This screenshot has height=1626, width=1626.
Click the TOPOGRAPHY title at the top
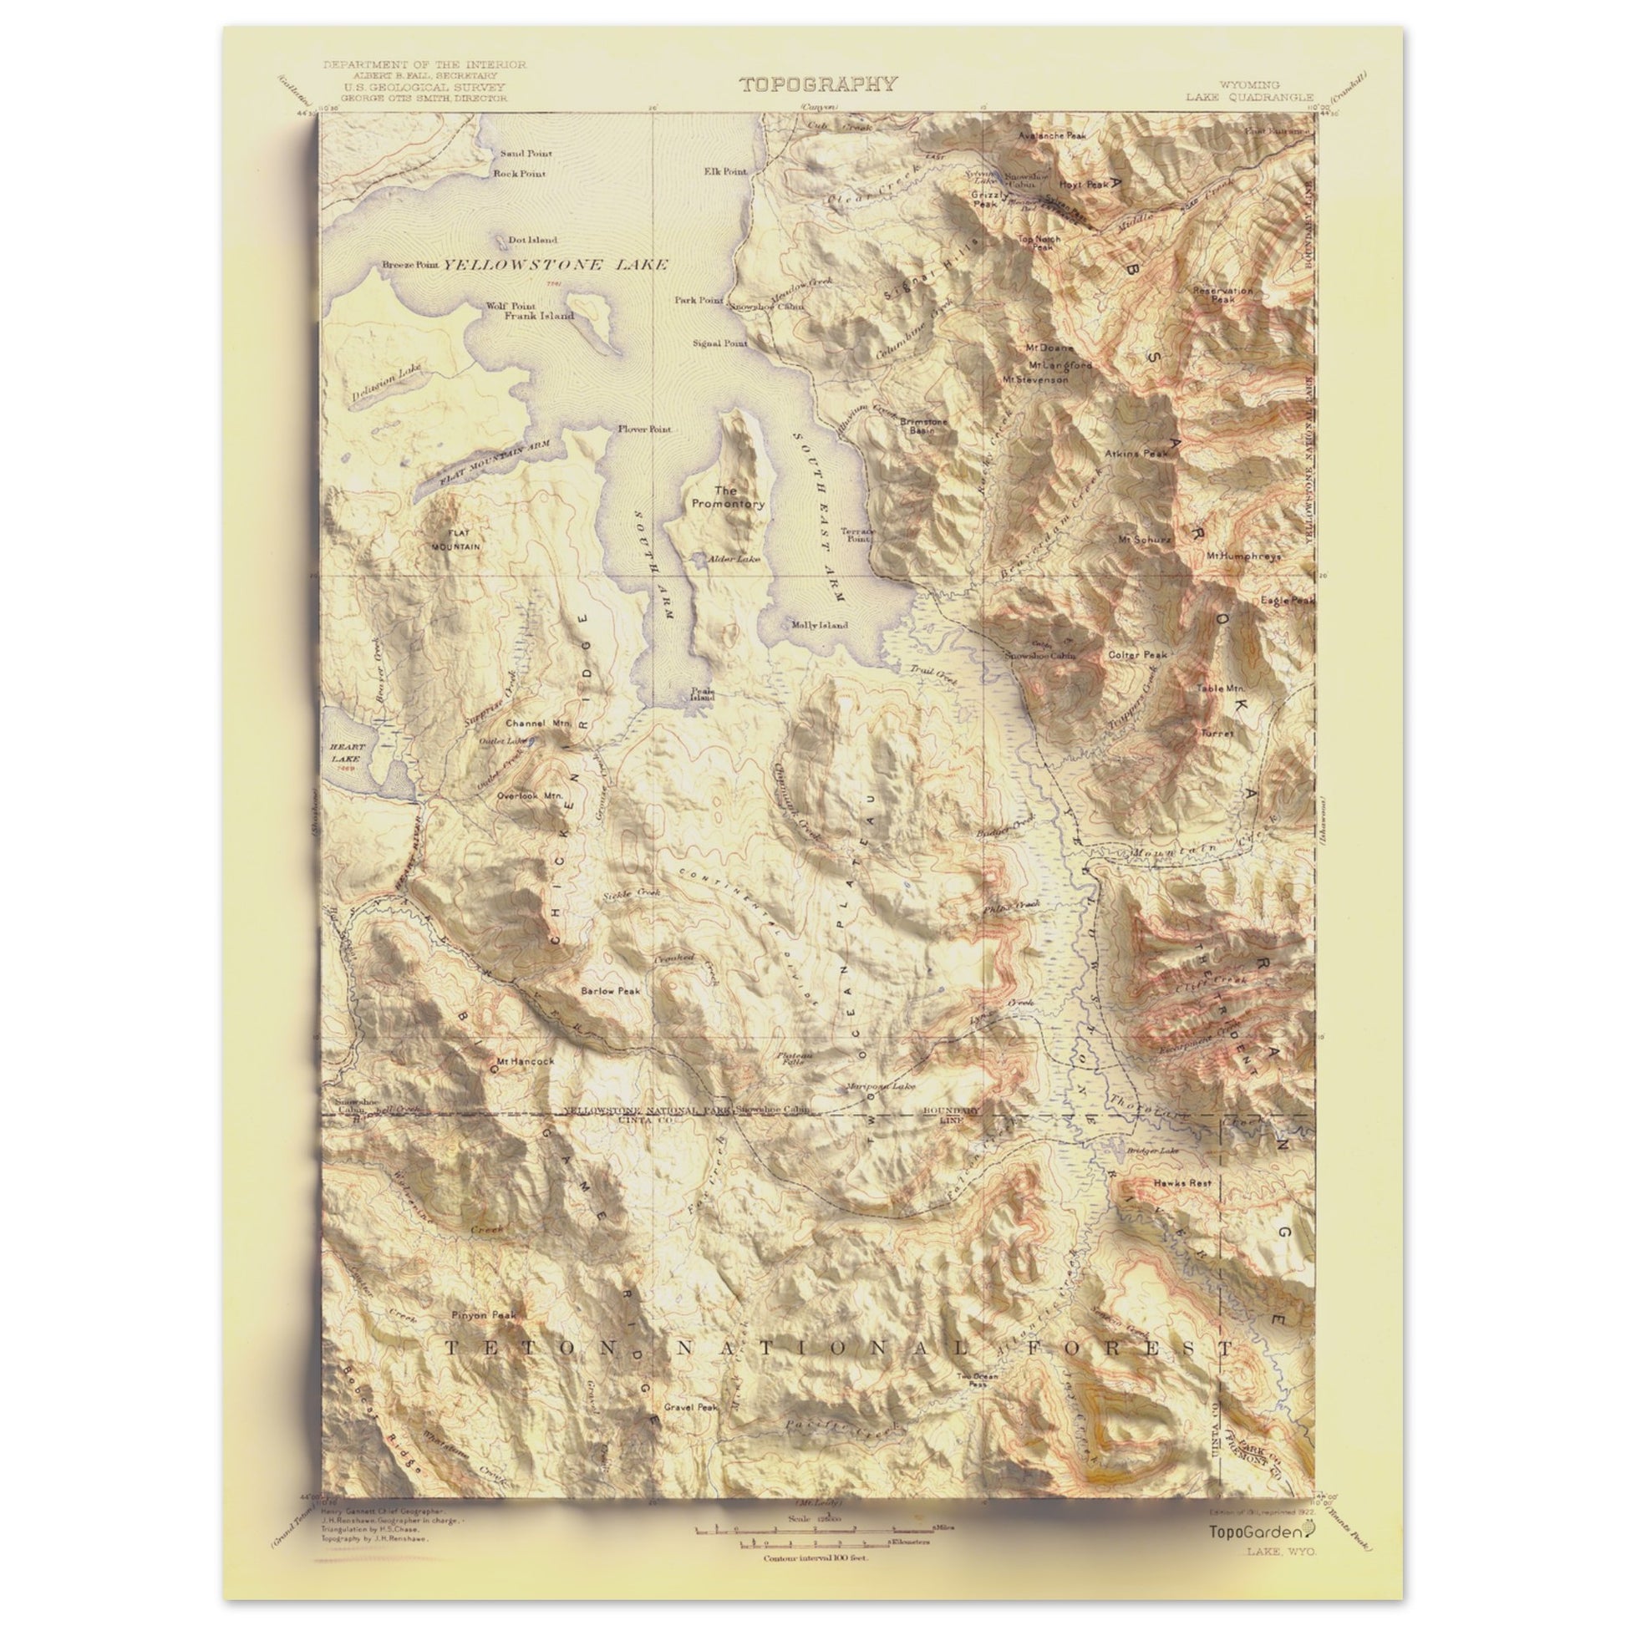(817, 84)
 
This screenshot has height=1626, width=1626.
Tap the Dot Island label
(532, 240)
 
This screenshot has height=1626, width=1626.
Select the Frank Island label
(539, 316)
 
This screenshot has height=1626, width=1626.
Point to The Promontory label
(728, 496)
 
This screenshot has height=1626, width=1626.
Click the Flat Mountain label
(457, 540)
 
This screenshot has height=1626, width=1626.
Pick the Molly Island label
(819, 625)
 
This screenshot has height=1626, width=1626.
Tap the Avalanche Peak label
(1052, 135)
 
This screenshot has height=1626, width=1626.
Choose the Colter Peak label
(1137, 655)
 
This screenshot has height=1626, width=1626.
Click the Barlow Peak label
(610, 991)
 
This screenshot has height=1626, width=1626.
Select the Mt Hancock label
(526, 1061)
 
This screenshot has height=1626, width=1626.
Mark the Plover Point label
(645, 429)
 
